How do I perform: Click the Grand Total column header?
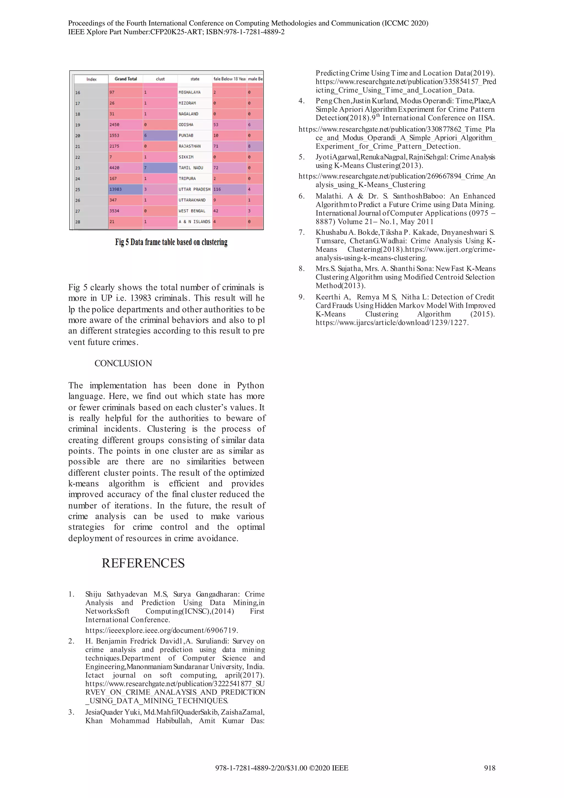(126, 79)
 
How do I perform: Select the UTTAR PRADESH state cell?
(194, 190)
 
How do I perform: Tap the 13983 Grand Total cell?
(125, 190)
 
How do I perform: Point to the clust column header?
(160, 79)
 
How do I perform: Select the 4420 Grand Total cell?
(125, 167)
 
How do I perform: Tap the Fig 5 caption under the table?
(171, 242)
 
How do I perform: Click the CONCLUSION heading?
(123, 363)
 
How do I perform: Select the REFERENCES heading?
(143, 563)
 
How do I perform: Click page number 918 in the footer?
(489, 768)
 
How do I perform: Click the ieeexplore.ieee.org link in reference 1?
(161, 630)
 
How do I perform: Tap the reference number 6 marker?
(302, 196)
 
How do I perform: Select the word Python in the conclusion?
(250, 385)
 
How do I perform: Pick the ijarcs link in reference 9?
(392, 323)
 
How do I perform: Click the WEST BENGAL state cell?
(192, 211)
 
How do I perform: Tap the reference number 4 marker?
(302, 101)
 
